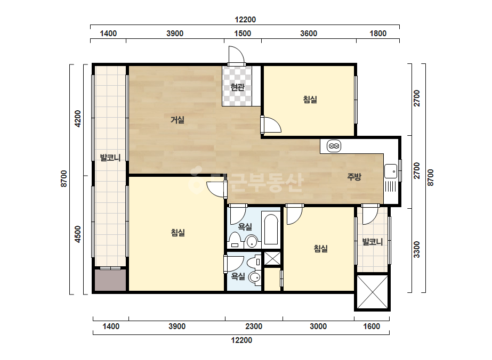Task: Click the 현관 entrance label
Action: [x=237, y=87]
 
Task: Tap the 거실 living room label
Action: [x=178, y=119]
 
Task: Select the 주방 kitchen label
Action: [x=354, y=177]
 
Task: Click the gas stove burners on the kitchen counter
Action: [x=334, y=146]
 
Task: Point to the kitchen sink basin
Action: [x=390, y=171]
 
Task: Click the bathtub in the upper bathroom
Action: [x=271, y=228]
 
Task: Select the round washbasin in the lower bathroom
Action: [x=255, y=277]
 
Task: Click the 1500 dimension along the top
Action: [x=243, y=33]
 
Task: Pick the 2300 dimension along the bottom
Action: [x=254, y=326]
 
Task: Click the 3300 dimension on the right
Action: [x=417, y=249]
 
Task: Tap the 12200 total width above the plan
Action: [x=245, y=20]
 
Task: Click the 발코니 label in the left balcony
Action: [x=110, y=157]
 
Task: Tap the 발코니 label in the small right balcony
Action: [x=373, y=242]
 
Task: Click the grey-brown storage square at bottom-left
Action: [x=110, y=280]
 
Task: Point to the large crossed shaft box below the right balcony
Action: [x=373, y=292]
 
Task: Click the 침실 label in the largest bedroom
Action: [x=178, y=232]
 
